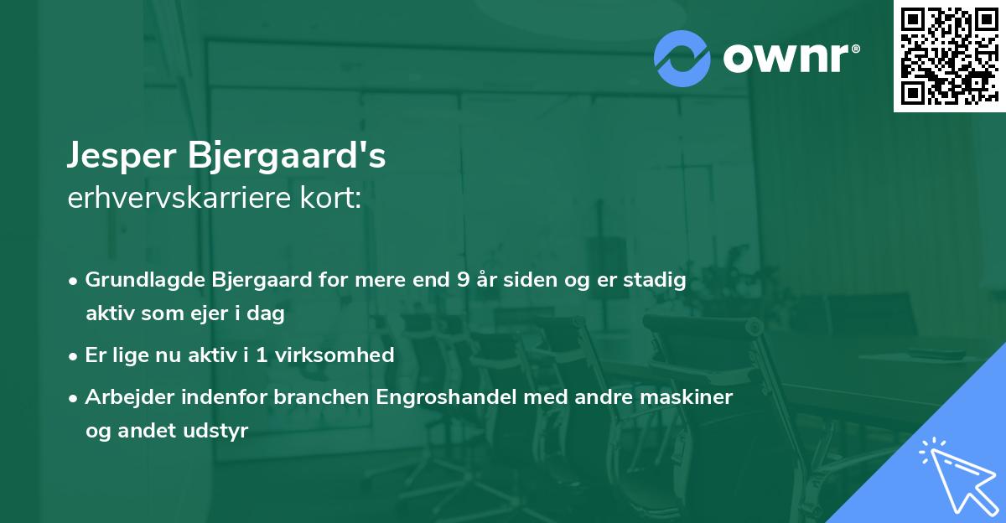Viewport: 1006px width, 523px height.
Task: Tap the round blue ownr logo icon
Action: [682, 58]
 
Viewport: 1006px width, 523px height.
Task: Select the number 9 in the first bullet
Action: [463, 280]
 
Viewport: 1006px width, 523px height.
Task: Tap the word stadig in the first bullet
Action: [656, 280]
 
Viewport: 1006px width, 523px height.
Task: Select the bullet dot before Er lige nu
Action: [74, 355]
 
